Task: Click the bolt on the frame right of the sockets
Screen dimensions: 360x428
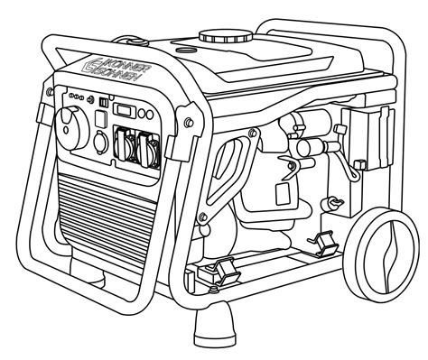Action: point(185,120)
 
